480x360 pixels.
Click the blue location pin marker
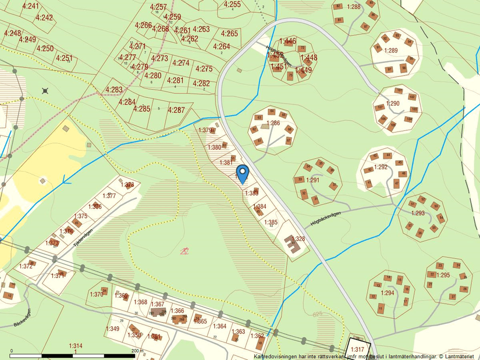[243, 173]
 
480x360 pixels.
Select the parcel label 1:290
[393, 104]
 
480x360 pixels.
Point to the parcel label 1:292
[381, 167]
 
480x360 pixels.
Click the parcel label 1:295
[444, 275]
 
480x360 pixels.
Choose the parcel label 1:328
[298, 238]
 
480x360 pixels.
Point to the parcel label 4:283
[114, 90]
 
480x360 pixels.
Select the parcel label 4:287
[176, 110]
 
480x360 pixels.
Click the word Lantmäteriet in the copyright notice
[460, 356]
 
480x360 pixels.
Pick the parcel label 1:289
[391, 51]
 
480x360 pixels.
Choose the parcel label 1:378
[129, 185]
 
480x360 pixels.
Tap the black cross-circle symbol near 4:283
[45, 91]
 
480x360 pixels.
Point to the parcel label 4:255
[232, 4]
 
